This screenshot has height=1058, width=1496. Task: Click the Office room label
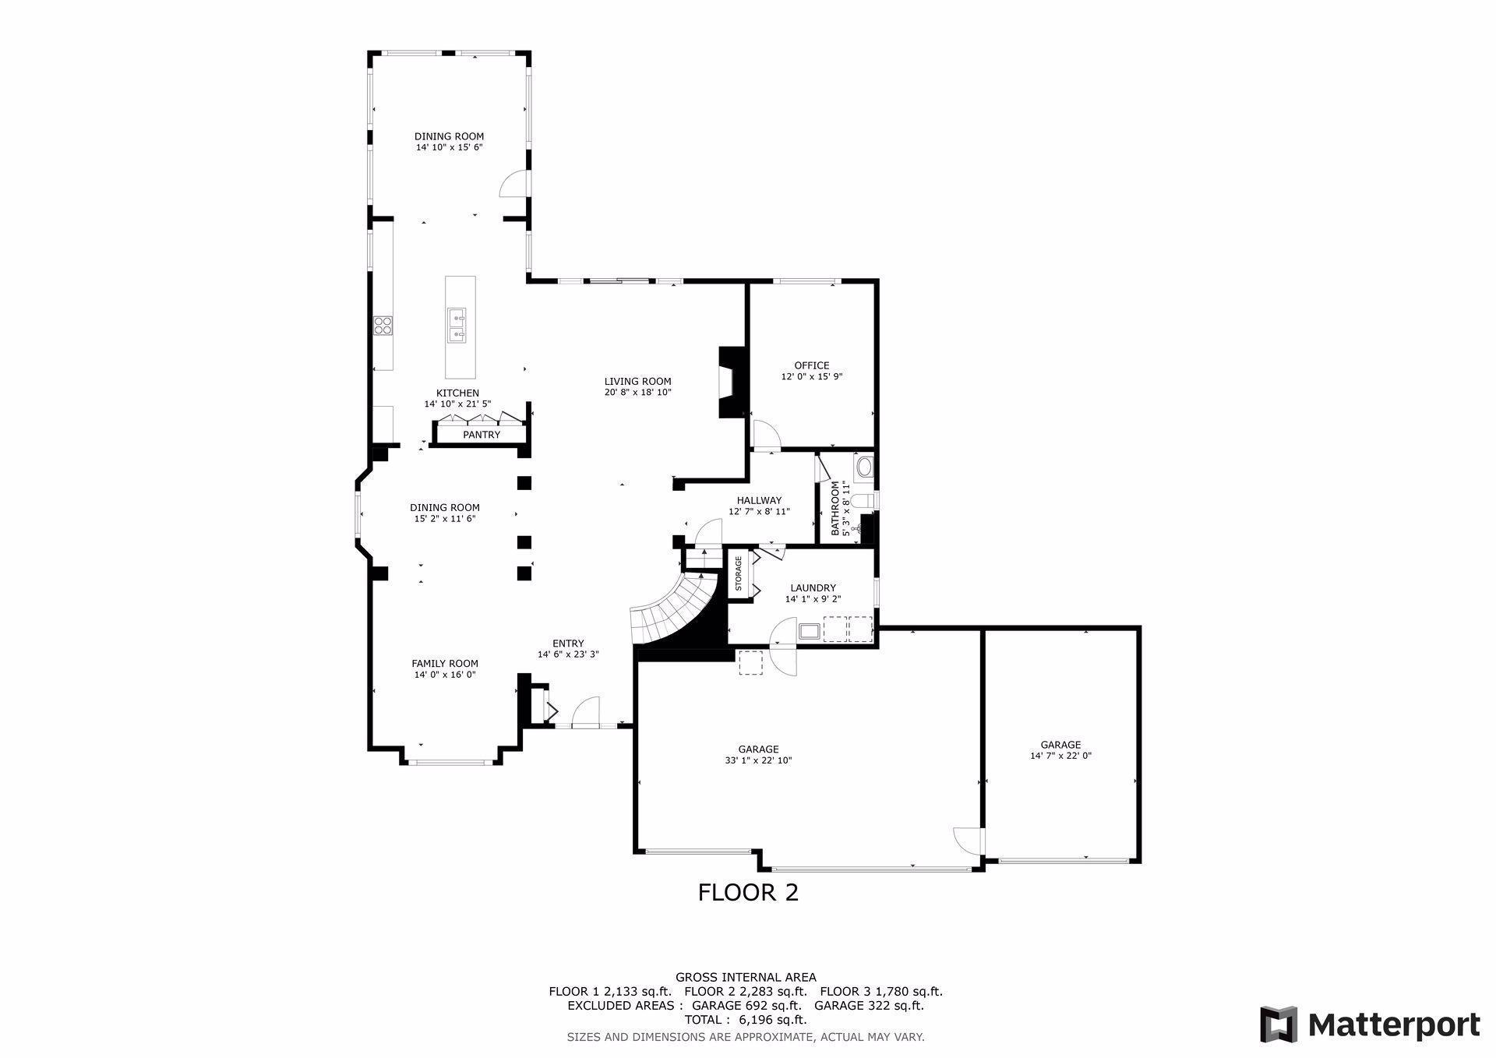click(811, 365)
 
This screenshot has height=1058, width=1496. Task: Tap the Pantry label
click(481, 435)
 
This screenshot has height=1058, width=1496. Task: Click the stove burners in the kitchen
click(382, 324)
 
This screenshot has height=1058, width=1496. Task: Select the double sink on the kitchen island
click(457, 325)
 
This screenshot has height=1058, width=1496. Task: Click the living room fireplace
click(731, 383)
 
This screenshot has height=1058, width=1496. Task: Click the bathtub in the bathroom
click(865, 467)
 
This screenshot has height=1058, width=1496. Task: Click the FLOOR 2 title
click(748, 892)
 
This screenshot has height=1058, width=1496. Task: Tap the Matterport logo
click(1370, 1024)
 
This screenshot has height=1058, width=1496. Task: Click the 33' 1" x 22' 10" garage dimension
click(758, 760)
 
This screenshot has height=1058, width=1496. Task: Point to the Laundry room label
click(813, 588)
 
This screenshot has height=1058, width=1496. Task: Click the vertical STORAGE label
click(738, 573)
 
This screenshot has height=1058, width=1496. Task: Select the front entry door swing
click(586, 713)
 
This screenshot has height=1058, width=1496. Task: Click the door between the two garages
click(969, 839)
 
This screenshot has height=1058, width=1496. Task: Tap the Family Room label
click(445, 664)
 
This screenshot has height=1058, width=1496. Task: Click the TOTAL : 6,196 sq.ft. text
click(746, 1019)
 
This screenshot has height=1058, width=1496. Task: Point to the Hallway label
click(759, 501)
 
